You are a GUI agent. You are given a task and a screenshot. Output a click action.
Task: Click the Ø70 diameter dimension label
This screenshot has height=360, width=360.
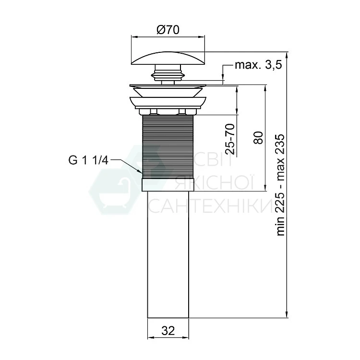[x=168, y=30]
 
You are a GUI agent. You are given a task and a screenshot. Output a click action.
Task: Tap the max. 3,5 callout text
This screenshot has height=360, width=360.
[x=258, y=65]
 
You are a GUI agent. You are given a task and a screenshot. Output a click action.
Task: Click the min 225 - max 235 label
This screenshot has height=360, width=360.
[x=280, y=185]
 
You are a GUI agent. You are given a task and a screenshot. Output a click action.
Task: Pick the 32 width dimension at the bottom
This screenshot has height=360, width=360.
[x=168, y=331]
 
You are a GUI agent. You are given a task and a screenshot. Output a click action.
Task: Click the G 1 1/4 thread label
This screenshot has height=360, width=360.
[x=88, y=160]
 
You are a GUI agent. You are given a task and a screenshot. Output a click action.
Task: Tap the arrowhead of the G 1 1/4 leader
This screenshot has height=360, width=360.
[x=140, y=171]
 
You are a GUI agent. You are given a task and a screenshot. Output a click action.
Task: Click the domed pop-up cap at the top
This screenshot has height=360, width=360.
[x=168, y=58]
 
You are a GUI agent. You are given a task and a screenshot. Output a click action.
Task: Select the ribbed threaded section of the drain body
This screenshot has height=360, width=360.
[x=168, y=146]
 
